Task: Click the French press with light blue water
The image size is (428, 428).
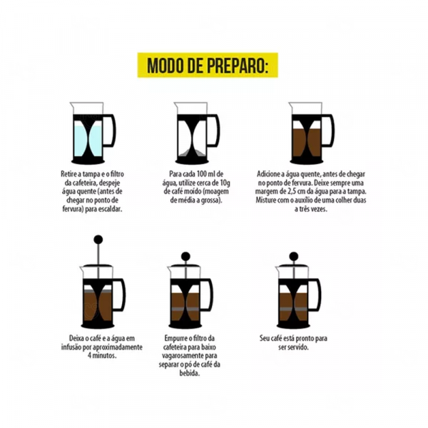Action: click(93, 133)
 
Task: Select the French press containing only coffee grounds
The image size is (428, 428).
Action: click(197, 133)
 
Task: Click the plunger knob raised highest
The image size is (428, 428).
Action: click(98, 240)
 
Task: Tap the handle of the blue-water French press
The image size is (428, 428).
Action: click(110, 131)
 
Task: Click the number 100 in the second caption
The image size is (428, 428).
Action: click(202, 174)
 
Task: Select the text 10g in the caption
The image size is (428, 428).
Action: click(225, 183)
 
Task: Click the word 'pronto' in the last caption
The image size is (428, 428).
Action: click(305, 338)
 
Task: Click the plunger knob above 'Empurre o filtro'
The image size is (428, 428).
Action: click(185, 256)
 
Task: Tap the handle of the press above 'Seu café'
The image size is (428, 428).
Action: click(315, 295)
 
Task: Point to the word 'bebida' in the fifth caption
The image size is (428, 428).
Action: click(190, 373)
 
